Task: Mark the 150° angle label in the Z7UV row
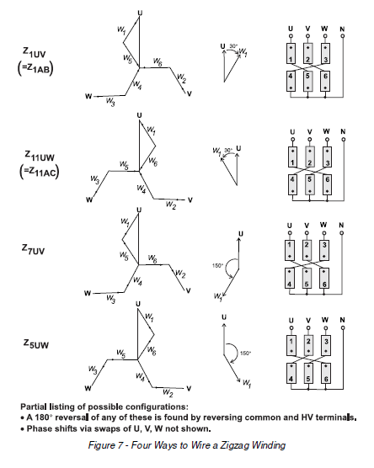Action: (x=217, y=267)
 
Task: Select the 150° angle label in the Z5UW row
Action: (x=247, y=354)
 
